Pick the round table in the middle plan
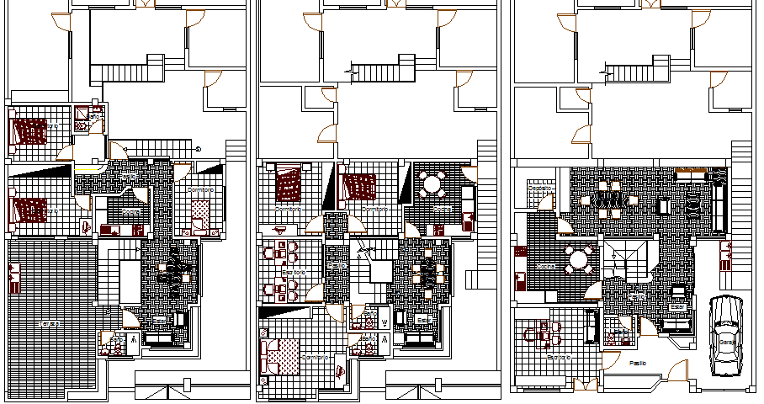click(x=432, y=183)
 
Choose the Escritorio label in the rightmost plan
click(x=557, y=357)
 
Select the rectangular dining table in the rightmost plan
click(x=609, y=199)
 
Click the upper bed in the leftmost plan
click(x=31, y=131)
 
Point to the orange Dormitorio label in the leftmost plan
click(x=199, y=190)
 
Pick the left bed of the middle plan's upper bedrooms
click(x=289, y=183)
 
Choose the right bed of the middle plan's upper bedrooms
click(x=360, y=185)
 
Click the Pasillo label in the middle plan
click(x=337, y=265)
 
